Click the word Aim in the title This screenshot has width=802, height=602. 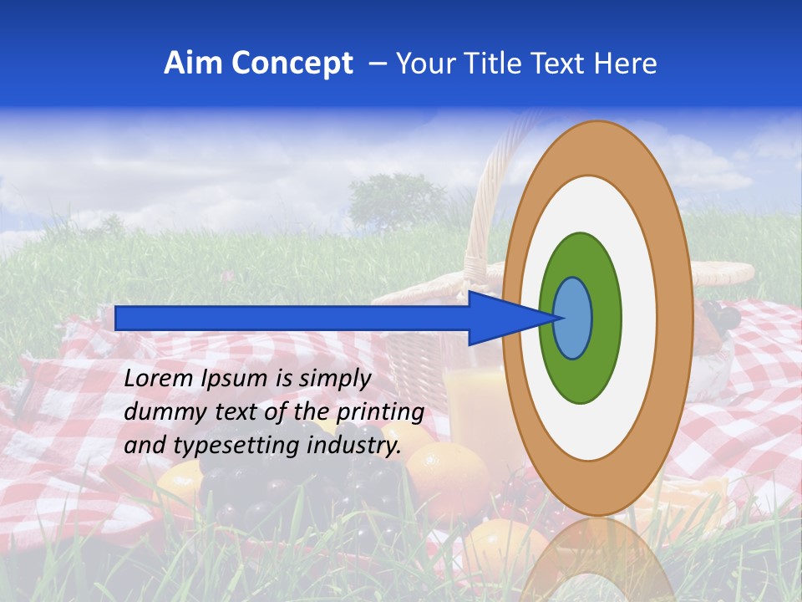[193, 64]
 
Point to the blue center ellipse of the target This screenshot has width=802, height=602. [573, 318]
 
